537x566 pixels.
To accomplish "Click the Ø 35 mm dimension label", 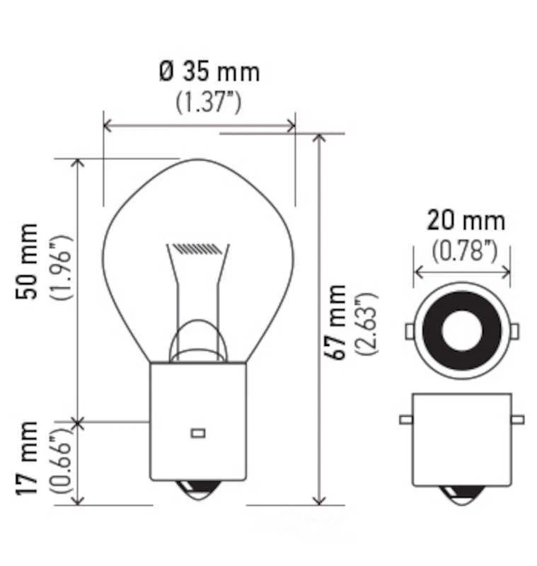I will (x=209, y=71).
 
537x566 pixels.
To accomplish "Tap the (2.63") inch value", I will (x=370, y=322).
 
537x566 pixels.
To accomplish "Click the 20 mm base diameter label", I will (x=466, y=221).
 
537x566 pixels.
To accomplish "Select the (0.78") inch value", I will (x=464, y=250).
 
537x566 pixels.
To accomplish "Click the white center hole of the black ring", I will (x=462, y=330).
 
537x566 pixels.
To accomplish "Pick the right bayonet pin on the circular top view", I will (x=514, y=330).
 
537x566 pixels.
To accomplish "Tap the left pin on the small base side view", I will (x=405, y=420).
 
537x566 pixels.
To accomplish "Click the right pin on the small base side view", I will (x=517, y=420).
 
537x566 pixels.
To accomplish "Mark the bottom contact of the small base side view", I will (x=462, y=494).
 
